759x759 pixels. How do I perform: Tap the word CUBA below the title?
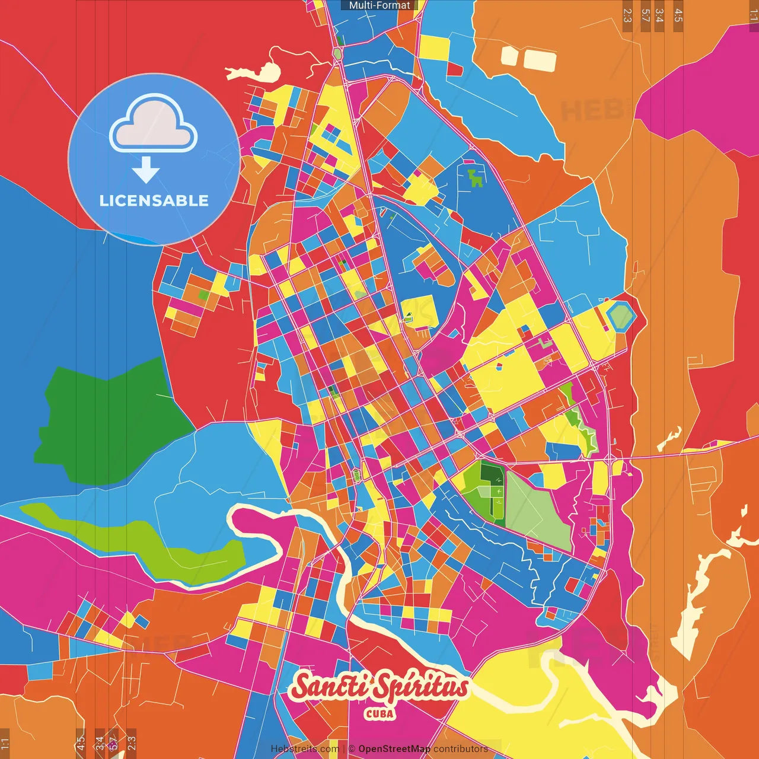(x=379, y=713)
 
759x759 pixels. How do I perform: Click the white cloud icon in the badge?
(x=154, y=125)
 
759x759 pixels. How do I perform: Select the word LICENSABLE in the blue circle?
(x=154, y=200)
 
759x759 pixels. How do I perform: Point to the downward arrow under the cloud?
(x=146, y=170)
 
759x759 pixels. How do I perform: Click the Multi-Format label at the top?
(x=379, y=5)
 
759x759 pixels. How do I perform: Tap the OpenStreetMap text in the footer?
(x=394, y=749)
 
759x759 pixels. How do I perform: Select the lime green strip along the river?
(x=148, y=543)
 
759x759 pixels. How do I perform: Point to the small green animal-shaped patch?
(x=474, y=178)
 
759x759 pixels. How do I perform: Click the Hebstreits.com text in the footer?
(x=305, y=749)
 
